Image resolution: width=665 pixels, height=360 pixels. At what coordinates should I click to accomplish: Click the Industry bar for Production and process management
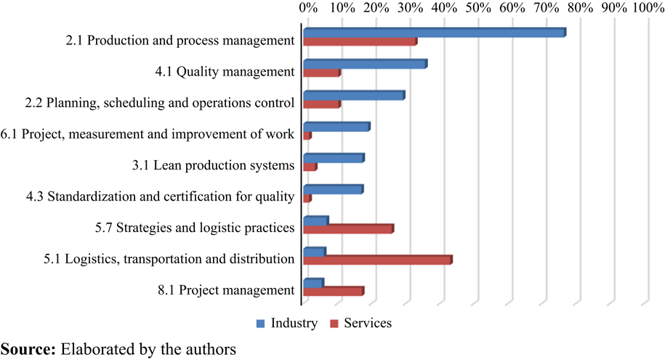[433, 33]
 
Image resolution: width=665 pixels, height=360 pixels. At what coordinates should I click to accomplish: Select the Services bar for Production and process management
[359, 41]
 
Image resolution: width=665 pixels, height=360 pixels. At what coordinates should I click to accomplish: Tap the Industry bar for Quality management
[364, 64]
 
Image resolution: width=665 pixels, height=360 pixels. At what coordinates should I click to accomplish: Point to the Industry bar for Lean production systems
[333, 158]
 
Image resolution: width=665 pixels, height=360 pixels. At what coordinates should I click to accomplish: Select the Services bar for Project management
[332, 291]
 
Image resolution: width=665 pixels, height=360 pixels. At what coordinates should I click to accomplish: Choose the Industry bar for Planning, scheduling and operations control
[353, 95]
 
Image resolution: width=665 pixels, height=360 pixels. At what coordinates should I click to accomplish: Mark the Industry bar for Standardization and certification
[332, 190]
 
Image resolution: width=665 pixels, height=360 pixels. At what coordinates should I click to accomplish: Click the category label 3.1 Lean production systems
[213, 165]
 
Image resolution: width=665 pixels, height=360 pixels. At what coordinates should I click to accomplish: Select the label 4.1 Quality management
[225, 71]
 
